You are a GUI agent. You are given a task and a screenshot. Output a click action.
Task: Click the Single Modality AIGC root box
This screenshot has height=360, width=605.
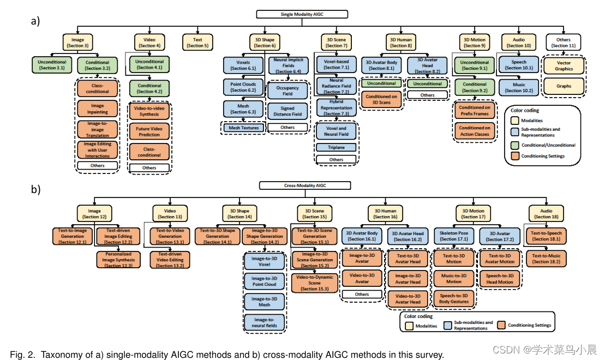301,14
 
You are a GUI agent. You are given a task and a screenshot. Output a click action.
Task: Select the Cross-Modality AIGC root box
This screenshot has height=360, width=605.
301,185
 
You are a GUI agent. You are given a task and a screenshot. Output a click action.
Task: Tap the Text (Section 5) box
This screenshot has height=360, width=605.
197,43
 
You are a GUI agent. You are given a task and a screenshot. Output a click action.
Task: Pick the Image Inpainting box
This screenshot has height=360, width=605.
98,109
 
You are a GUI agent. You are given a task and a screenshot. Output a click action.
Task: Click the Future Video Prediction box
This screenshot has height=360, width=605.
149,131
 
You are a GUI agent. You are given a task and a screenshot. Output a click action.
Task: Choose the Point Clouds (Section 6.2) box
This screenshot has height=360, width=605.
243,87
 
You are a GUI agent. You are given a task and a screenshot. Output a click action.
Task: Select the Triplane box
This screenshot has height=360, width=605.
337,147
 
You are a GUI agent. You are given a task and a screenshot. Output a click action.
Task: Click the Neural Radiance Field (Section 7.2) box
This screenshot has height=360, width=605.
337,85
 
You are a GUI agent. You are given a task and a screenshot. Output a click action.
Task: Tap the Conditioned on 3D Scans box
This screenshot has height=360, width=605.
382,100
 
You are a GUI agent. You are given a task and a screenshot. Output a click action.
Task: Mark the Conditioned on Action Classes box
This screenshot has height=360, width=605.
474,131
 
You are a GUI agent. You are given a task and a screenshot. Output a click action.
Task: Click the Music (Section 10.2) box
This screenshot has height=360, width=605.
519,87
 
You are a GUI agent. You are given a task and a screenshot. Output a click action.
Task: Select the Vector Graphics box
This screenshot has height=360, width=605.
564,65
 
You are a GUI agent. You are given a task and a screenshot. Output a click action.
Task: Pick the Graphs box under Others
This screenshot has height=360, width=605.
564,86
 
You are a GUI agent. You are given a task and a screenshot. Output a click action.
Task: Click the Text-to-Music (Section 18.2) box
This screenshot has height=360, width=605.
547,258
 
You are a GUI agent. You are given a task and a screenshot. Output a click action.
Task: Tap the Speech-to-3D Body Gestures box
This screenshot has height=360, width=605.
454,298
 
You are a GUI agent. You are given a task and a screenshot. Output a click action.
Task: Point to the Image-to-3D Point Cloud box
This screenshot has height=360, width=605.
265,281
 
